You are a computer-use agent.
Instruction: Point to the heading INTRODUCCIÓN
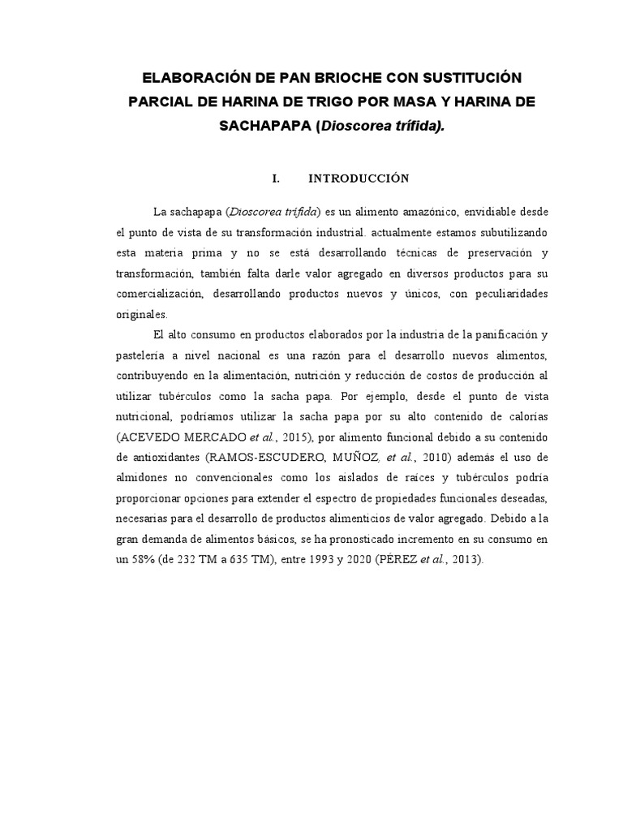[359, 178]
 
